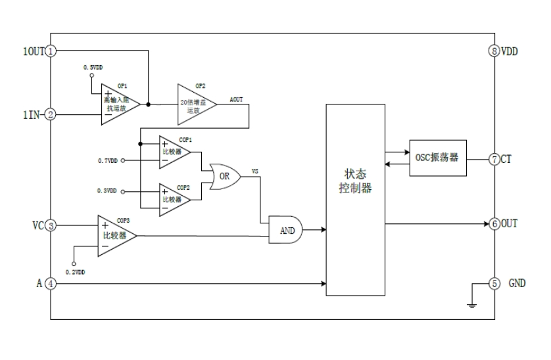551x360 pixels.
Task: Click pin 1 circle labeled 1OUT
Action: pos(51,51)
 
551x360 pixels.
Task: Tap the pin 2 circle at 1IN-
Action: pos(51,114)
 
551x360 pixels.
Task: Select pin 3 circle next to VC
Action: pos(51,225)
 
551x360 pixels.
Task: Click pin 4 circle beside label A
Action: pos(51,284)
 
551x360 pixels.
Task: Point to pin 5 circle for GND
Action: pos(494,284)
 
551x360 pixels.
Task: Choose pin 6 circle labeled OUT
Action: pos(494,223)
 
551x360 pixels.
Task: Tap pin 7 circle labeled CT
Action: pos(494,159)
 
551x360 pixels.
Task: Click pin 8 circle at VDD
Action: pos(494,51)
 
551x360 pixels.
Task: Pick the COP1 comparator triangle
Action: pos(174,151)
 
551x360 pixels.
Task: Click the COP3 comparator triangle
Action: pos(114,235)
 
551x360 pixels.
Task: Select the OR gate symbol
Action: pos(224,177)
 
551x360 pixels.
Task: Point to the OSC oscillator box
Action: pos(437,159)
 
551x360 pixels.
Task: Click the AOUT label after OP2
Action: pos(237,98)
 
